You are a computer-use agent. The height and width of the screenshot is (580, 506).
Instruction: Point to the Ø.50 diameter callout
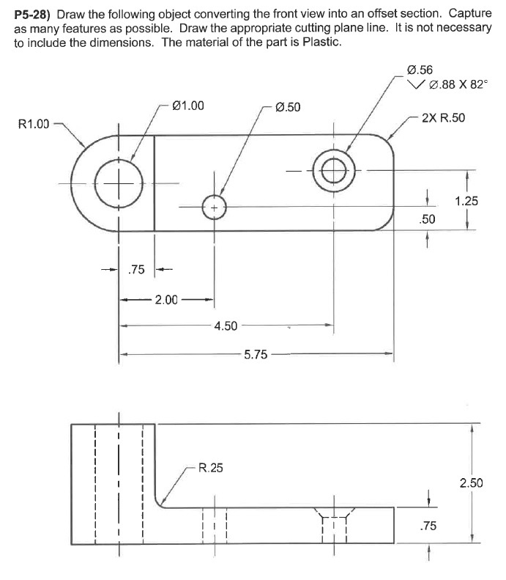pyautogui.click(x=286, y=107)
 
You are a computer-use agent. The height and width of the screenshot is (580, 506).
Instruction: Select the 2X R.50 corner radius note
pyautogui.click(x=443, y=118)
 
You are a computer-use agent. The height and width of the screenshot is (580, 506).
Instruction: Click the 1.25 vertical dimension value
pyautogui.click(x=466, y=200)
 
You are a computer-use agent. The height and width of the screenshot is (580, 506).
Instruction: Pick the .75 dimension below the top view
pyautogui.click(x=136, y=270)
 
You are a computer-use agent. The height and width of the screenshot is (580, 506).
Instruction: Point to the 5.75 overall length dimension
pyautogui.click(x=256, y=354)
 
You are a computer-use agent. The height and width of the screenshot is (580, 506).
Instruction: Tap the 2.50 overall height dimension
pyautogui.click(x=471, y=482)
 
